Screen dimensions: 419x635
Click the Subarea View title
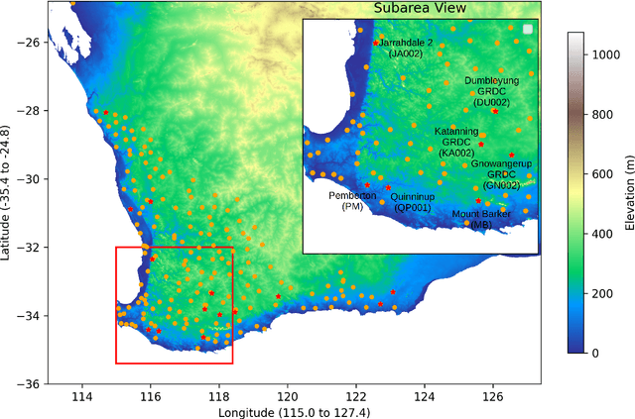pyautogui.click(x=421, y=9)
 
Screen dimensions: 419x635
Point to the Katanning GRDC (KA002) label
pyautogui.click(x=457, y=142)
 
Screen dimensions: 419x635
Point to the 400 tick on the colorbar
pyautogui.click(x=604, y=234)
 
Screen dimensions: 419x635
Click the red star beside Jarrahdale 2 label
pyautogui.click(x=375, y=44)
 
